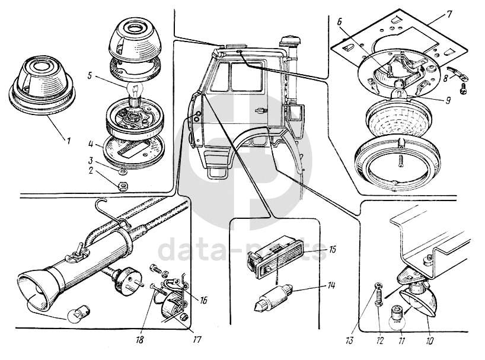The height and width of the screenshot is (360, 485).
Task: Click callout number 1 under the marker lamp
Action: click(x=68, y=141)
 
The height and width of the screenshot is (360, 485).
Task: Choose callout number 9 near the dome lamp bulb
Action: click(x=448, y=101)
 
